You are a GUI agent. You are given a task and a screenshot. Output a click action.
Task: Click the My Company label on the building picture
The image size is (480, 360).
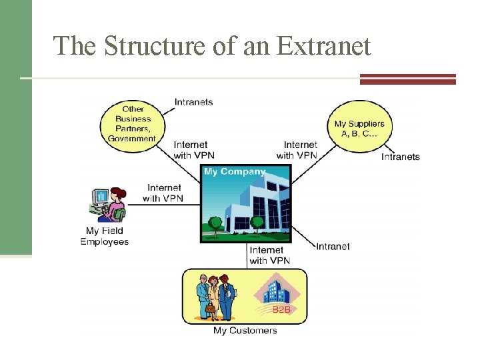pyautogui.click(x=234, y=171)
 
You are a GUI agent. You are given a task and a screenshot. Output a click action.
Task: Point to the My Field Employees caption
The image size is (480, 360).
pyautogui.click(x=104, y=236)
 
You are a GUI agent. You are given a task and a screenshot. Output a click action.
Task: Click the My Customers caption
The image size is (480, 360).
pyautogui.click(x=245, y=331)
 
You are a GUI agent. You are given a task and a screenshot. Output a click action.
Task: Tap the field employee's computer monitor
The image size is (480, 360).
pyautogui.click(x=101, y=196)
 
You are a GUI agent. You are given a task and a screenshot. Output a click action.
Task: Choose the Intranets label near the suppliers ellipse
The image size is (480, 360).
pyautogui.click(x=400, y=157)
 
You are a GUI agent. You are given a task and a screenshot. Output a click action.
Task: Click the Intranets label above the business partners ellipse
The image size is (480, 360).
pyautogui.click(x=193, y=102)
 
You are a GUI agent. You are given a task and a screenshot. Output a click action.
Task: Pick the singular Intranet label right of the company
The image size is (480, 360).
pyautogui.click(x=333, y=247)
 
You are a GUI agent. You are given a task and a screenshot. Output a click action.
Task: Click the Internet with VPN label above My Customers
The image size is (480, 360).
pyautogui.click(x=270, y=255)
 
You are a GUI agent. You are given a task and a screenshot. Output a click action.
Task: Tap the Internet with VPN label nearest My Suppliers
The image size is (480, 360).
pyautogui.click(x=297, y=150)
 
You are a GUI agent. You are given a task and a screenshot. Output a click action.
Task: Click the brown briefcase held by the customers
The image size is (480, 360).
pyautogui.click(x=211, y=308)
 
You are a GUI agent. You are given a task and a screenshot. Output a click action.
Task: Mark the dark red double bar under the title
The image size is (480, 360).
pyautogui.click(x=407, y=79)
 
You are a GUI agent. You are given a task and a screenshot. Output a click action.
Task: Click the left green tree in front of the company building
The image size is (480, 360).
pyautogui.click(x=215, y=223)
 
